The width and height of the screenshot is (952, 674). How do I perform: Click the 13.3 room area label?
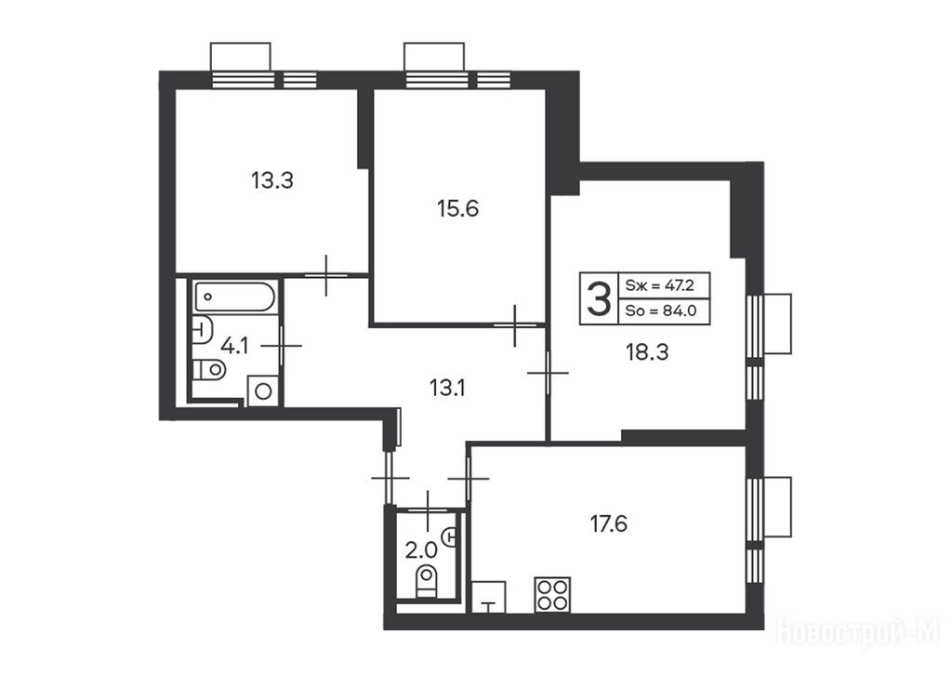click(x=272, y=180)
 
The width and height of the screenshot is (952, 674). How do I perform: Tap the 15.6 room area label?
click(x=457, y=209)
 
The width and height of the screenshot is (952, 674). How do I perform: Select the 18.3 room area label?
click(x=647, y=351)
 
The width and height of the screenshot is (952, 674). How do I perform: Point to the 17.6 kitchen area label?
click(x=609, y=522)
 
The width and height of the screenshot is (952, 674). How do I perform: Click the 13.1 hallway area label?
click(x=447, y=388)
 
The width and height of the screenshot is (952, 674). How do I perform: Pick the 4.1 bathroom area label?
click(x=234, y=346)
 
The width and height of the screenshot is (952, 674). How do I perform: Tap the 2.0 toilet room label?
click(x=421, y=550)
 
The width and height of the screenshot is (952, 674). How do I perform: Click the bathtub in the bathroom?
click(x=235, y=297)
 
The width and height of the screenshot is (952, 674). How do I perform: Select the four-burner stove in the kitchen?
click(x=552, y=594)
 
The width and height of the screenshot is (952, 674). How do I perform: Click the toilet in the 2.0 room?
click(x=427, y=581)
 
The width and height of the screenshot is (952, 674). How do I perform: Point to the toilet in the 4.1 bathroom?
click(x=209, y=369)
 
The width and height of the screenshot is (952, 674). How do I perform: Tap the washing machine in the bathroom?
click(x=263, y=391)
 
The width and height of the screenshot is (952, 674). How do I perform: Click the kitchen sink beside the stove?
click(x=489, y=597)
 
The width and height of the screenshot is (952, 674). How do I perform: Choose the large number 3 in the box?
click(x=599, y=298)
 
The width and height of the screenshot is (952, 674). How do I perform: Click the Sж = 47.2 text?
click(x=659, y=284)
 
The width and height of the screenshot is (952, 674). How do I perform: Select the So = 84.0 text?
click(x=660, y=311)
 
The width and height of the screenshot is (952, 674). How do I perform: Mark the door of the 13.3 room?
click(x=326, y=276)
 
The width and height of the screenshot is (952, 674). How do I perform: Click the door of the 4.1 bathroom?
click(x=282, y=346)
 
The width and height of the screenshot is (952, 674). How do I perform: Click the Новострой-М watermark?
click(x=857, y=631)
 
